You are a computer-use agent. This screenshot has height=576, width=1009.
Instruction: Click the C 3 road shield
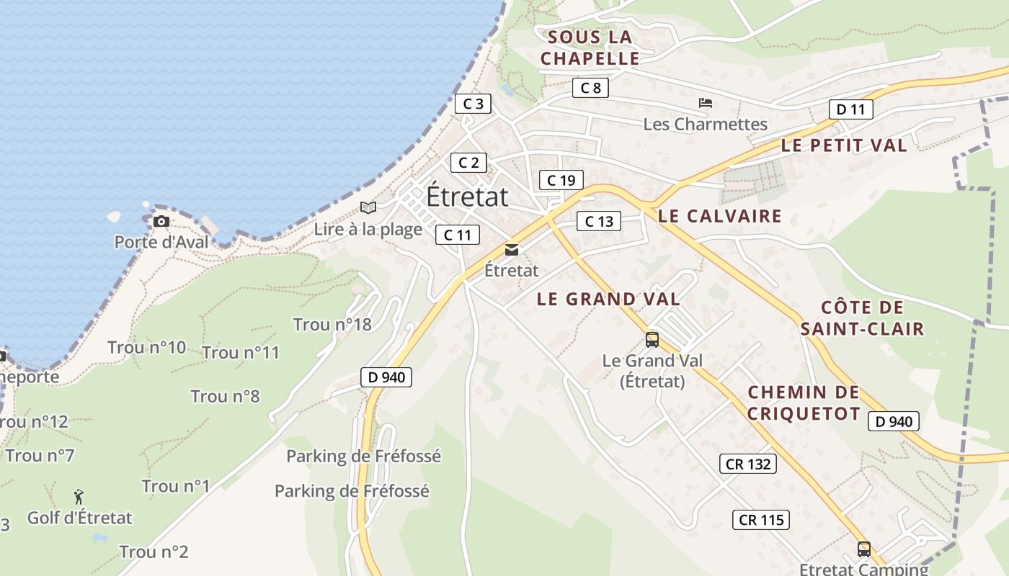coord(473,104)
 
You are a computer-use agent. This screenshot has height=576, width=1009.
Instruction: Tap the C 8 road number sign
coord(590,88)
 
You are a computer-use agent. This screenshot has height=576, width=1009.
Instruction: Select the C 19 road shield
coord(561,180)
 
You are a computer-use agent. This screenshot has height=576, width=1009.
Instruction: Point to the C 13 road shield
coord(599,221)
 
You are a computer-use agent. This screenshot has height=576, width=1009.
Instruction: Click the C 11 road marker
coord(457,235)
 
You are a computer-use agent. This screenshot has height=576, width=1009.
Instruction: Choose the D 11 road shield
coord(850,109)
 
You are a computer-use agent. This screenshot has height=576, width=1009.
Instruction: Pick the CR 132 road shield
coord(748,464)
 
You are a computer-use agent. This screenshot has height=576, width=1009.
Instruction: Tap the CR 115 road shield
coord(761,520)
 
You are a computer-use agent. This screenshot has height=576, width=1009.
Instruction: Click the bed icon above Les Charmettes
coord(706,103)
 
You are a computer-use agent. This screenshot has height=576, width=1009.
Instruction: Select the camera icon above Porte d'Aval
coord(161,221)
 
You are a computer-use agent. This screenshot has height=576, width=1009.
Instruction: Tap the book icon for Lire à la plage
coord(368,208)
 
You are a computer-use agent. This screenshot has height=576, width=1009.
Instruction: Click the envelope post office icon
coord(512,250)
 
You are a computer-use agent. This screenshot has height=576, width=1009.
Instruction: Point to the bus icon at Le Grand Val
coord(652,340)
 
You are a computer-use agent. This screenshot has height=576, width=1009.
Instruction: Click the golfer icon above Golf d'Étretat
coord(79,497)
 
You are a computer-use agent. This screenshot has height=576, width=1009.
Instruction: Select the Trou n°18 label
coord(332,325)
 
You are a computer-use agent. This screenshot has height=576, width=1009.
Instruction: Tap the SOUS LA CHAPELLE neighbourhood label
coord(590,48)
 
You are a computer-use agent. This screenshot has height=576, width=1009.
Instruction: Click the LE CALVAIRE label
coord(719,216)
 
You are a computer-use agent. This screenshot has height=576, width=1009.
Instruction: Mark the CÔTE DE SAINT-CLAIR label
coord(862,318)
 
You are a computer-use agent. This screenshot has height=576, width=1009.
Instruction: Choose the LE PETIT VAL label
coord(844,145)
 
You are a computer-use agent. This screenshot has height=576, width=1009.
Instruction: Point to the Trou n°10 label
coord(147,348)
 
